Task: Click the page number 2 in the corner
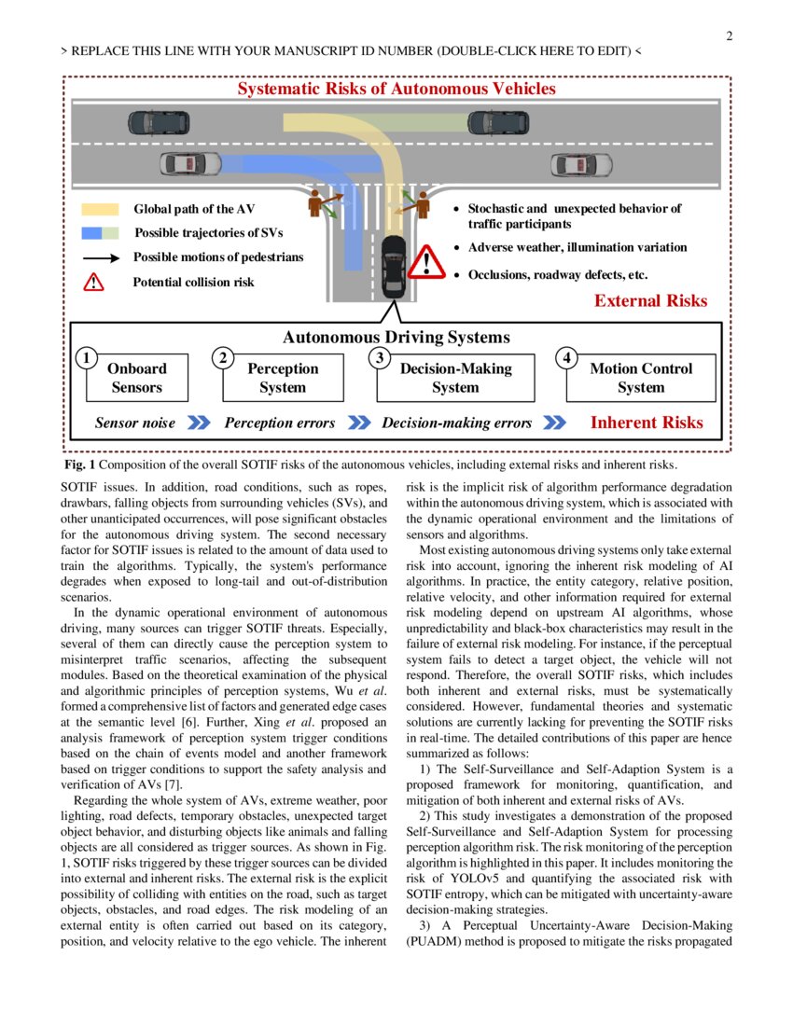[729, 36]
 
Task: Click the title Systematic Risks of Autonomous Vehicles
[396, 90]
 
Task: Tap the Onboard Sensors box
[136, 378]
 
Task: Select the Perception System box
[283, 378]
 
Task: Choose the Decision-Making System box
[455, 378]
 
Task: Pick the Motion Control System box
[641, 378]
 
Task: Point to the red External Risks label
[650, 300]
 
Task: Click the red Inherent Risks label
[647, 423]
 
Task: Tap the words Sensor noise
[135, 423]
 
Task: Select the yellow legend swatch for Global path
[100, 210]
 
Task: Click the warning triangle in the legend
[94, 281]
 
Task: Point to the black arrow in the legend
[100, 257]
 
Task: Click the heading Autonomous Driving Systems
[396, 338]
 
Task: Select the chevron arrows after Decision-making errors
[554, 423]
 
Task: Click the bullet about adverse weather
[577, 248]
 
